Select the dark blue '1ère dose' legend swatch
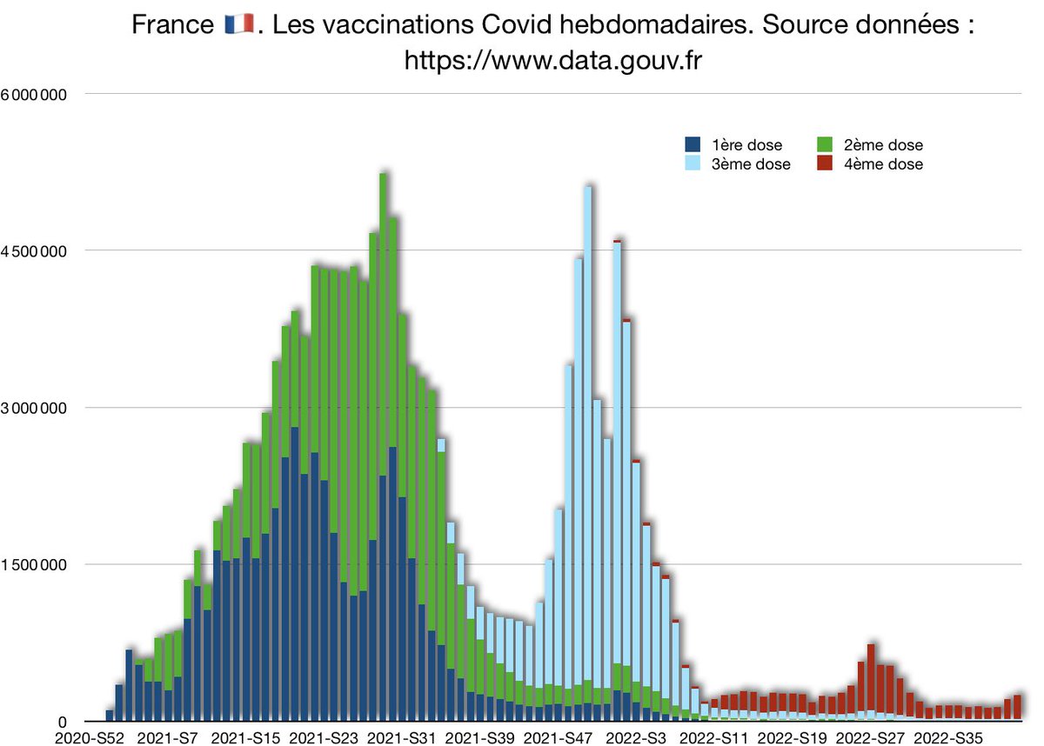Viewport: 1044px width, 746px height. point(693,145)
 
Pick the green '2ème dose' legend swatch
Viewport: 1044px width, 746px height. point(829,145)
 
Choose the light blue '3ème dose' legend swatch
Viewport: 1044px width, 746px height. point(693,163)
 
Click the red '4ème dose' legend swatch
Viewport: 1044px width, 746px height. point(829,163)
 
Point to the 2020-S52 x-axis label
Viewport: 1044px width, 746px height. point(90,738)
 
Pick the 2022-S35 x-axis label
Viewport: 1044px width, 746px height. point(946,738)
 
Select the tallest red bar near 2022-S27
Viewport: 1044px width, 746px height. point(871,678)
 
